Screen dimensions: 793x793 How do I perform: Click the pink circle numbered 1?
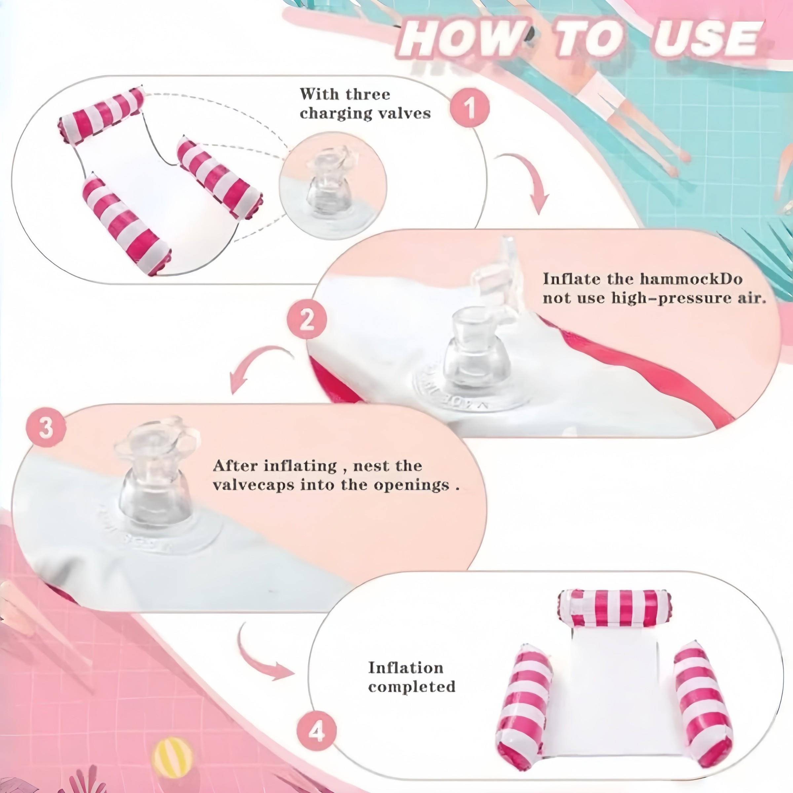[x=470, y=107]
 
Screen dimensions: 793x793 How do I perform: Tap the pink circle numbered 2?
[x=307, y=320]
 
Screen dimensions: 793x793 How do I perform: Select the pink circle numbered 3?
[x=46, y=429]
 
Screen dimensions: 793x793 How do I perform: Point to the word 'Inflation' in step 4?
[x=405, y=667]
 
